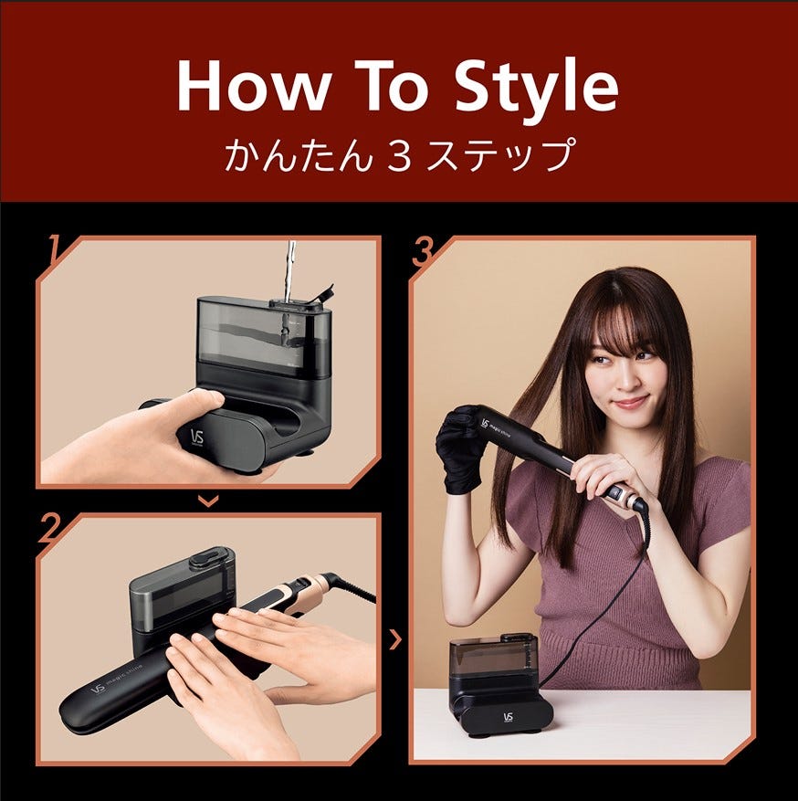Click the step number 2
[50, 528]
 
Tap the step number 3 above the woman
[424, 251]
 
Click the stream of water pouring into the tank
[289, 270]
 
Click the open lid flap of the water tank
[320, 295]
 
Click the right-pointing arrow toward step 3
[395, 639]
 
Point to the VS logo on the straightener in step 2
[98, 690]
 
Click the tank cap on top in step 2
[209, 558]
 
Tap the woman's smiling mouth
[632, 402]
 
